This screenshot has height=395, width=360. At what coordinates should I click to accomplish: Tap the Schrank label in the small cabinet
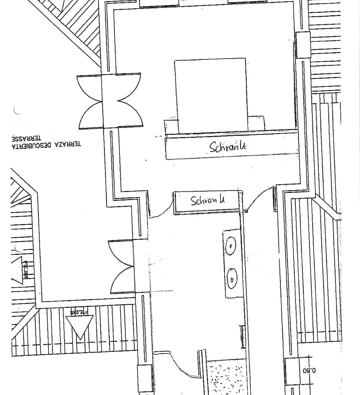tap(208, 200)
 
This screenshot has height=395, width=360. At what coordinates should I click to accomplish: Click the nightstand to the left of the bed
tap(171, 126)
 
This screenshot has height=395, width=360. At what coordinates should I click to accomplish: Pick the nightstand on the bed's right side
tap(256, 123)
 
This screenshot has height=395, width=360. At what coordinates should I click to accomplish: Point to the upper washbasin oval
tap(231, 246)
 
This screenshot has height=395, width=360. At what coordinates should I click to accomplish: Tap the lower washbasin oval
tap(232, 279)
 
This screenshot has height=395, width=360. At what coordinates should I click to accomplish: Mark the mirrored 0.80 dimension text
tap(309, 370)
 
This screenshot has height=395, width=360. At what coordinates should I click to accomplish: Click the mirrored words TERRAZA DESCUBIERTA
tap(46, 145)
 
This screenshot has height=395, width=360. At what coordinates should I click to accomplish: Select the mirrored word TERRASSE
tap(26, 139)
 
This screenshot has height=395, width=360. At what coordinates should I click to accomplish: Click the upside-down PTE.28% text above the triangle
tap(79, 312)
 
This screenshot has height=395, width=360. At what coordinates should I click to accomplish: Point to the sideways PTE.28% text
tap(25, 270)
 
